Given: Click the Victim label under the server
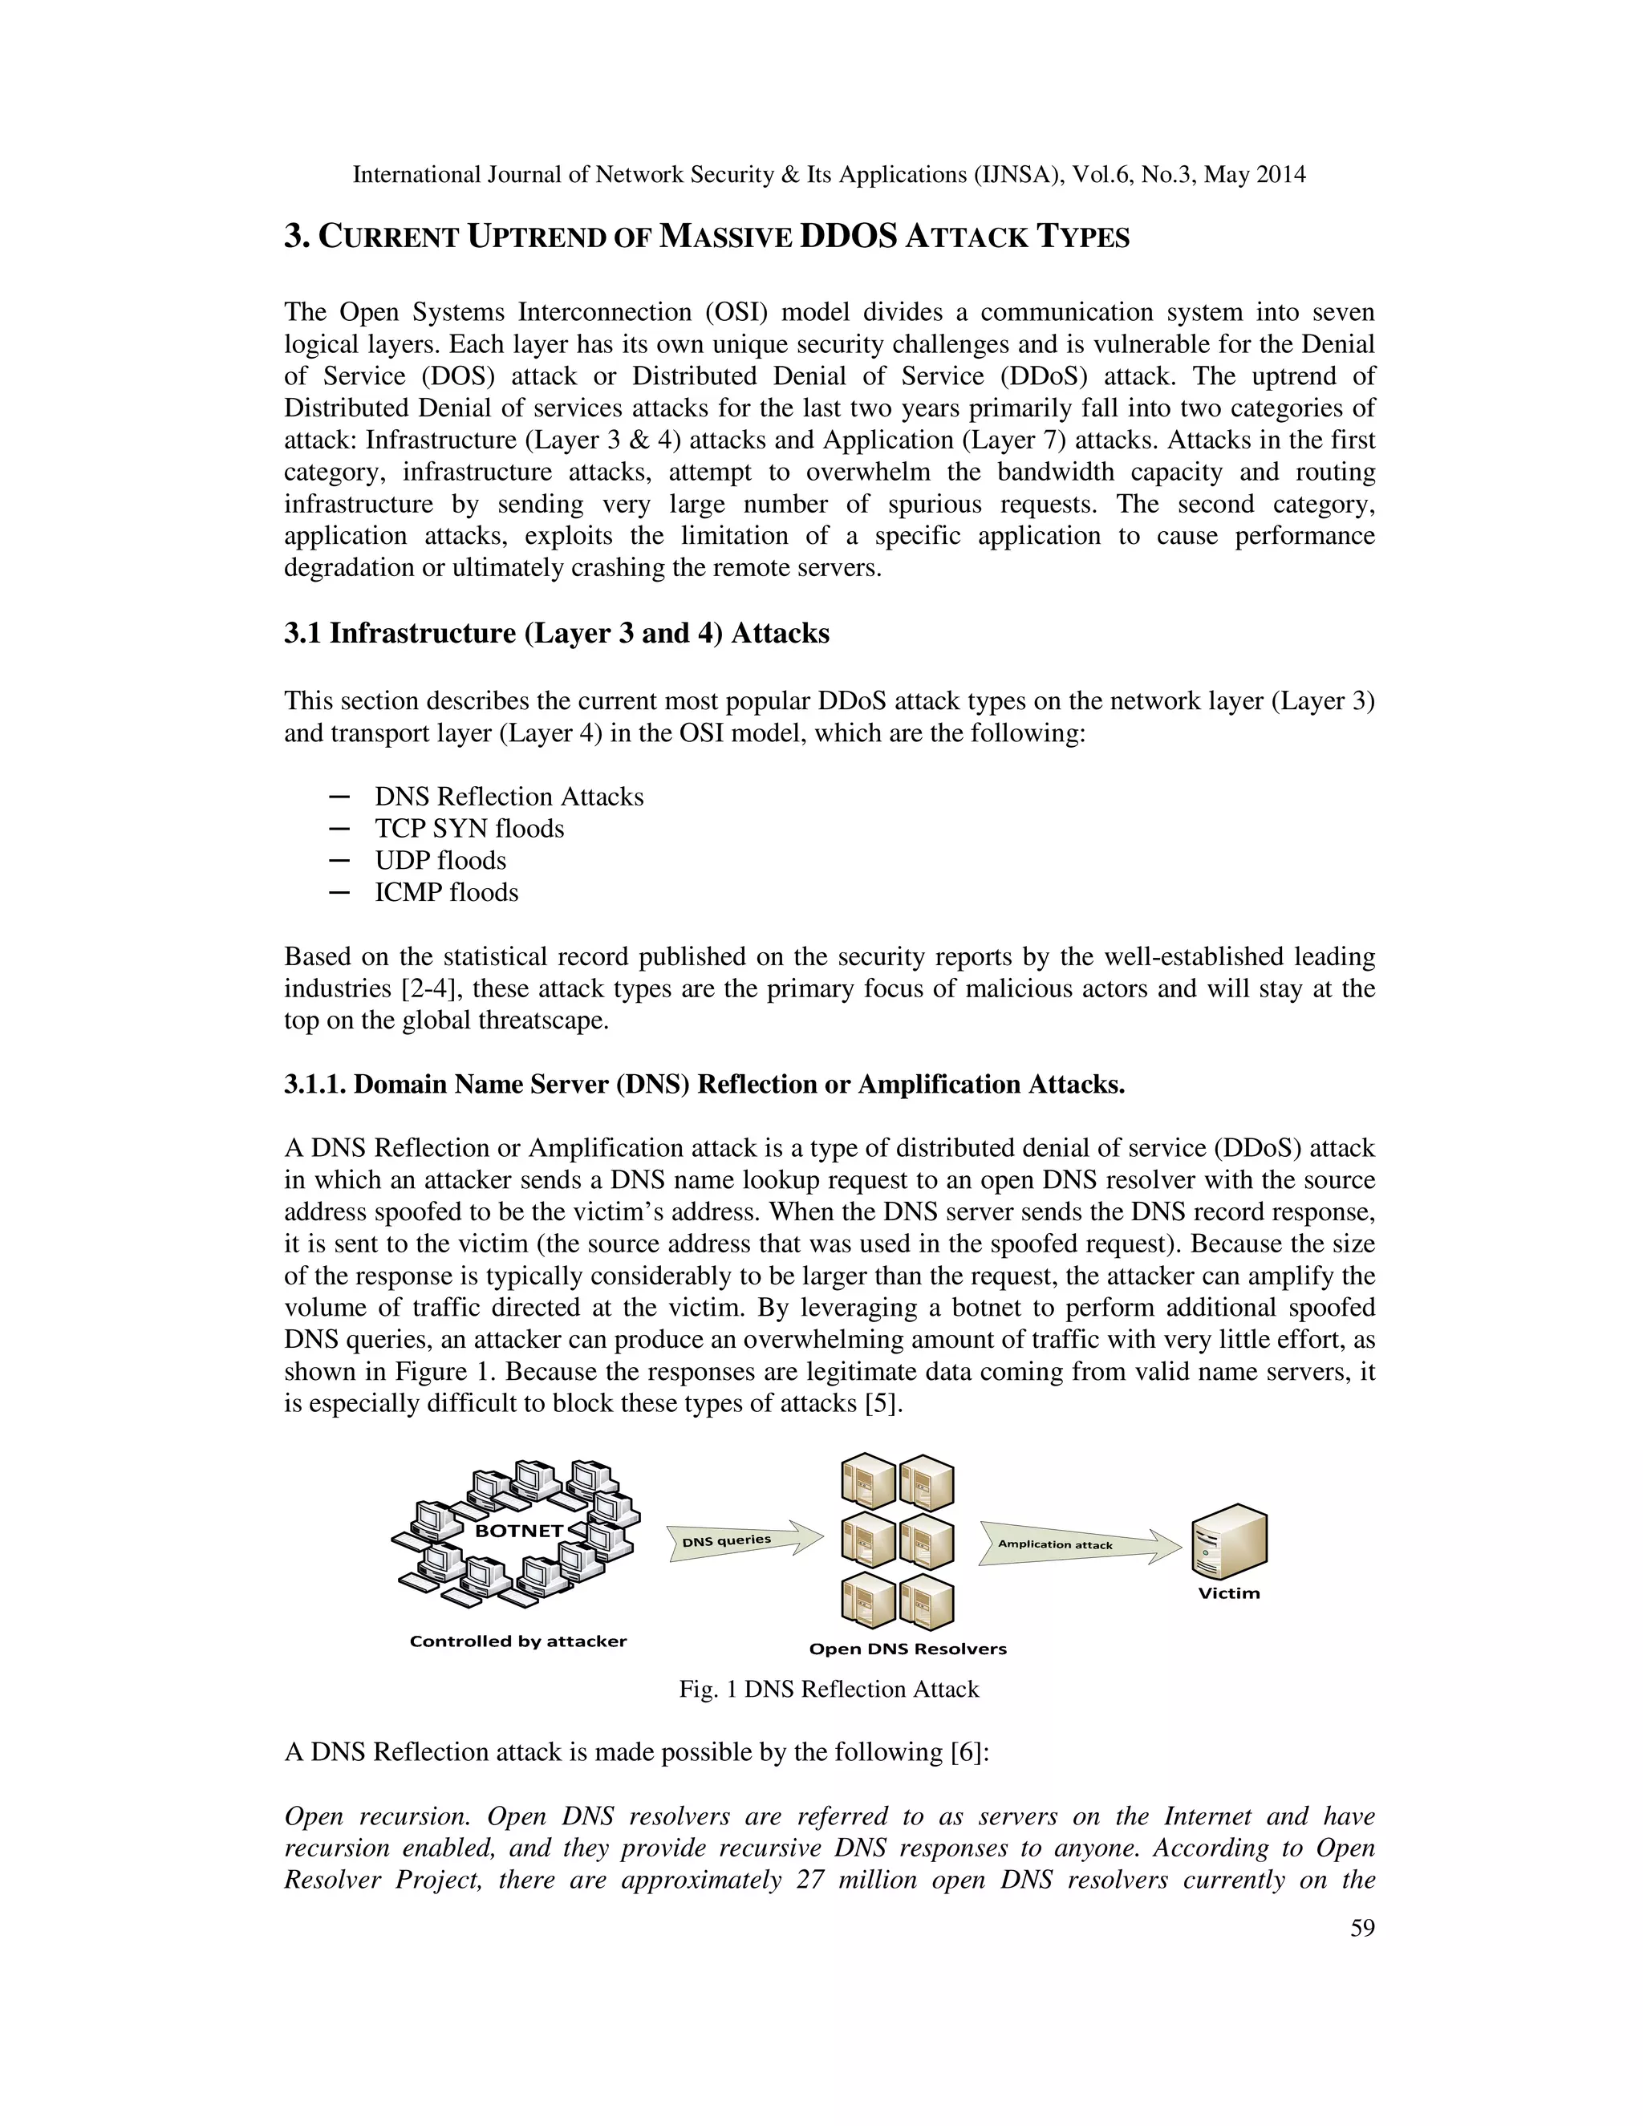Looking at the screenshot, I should click(1228, 1593).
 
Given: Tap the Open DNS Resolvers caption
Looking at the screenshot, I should click(907, 1649).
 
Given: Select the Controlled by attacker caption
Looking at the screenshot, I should click(517, 1641).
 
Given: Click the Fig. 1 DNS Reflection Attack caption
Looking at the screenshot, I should click(828, 1689).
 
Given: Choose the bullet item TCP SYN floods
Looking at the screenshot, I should click(469, 829).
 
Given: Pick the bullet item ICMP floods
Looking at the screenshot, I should click(446, 893).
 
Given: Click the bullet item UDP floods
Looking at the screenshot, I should click(440, 861).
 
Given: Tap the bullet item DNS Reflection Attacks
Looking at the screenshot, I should click(509, 797).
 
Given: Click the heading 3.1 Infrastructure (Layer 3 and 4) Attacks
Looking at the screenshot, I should click(557, 634).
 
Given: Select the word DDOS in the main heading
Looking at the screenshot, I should click(847, 237).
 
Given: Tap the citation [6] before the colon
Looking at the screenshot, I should click(966, 1752).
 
